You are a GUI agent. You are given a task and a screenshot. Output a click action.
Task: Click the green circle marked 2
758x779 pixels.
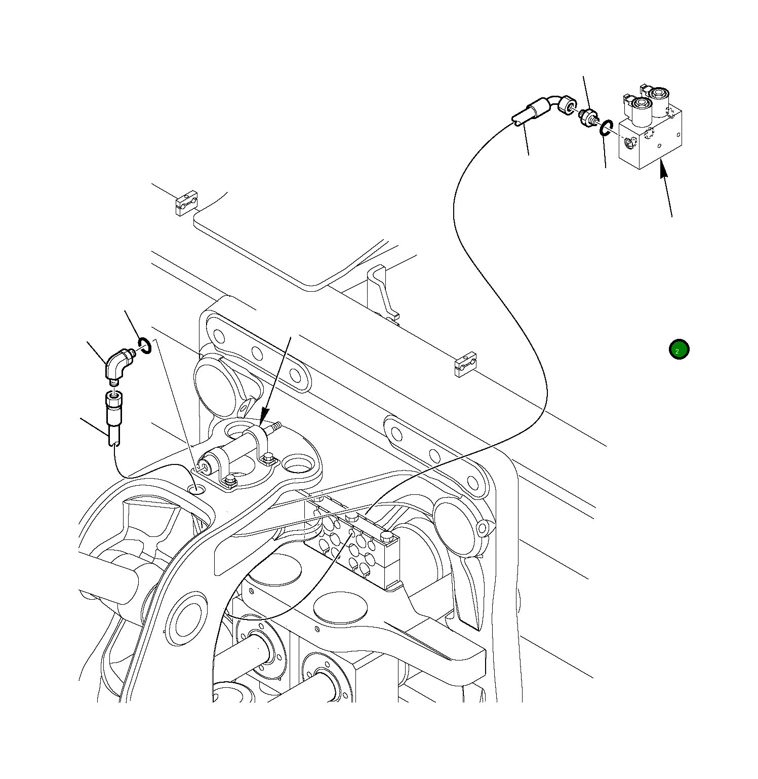(679, 349)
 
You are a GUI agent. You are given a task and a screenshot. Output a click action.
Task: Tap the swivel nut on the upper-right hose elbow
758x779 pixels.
(569, 105)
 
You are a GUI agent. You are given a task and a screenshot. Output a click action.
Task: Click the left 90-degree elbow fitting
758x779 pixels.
(117, 364)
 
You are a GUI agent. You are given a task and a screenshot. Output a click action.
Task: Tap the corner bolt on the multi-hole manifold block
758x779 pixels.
(386, 535)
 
